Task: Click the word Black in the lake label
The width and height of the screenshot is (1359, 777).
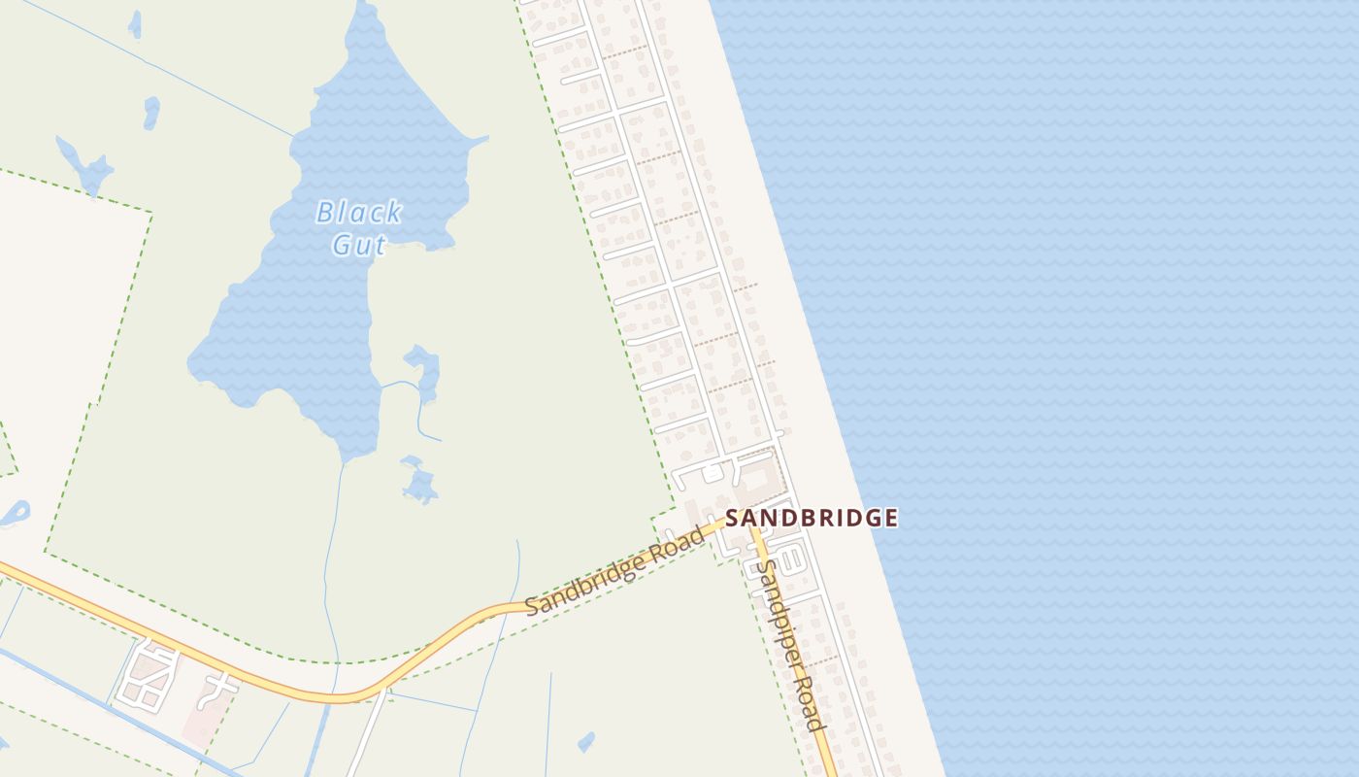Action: coord(359,212)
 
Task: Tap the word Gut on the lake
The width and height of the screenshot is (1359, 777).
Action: coord(358,245)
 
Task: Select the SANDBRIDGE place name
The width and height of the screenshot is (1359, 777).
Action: coord(812,518)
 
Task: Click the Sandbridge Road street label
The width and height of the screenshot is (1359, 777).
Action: coord(613,573)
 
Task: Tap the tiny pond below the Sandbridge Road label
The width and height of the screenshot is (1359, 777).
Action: coord(585,743)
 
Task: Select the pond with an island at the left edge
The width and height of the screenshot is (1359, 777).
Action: coord(17,513)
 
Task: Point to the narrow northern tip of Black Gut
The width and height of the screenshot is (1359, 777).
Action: coord(366,12)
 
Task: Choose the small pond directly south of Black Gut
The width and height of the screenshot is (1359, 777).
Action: coord(419,482)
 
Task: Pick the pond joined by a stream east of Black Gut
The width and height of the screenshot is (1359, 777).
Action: coord(424,370)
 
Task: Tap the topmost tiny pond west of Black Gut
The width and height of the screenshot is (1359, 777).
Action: coord(135,24)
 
